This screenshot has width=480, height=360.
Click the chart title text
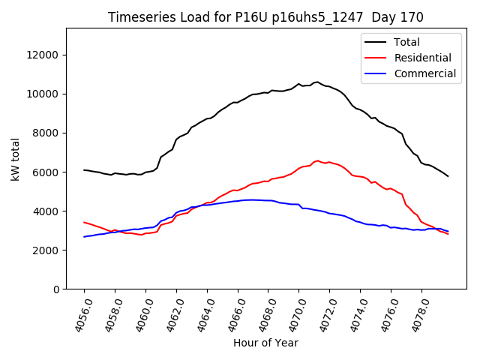(x=265, y=17)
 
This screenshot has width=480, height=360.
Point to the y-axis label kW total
(x=15, y=158)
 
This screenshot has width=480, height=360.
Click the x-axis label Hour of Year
(x=265, y=343)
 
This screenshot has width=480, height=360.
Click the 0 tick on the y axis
(x=56, y=289)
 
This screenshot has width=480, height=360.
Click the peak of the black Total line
(x=316, y=82)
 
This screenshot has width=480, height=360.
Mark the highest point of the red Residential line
(x=317, y=160)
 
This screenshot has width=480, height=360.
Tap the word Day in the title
(x=390, y=17)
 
